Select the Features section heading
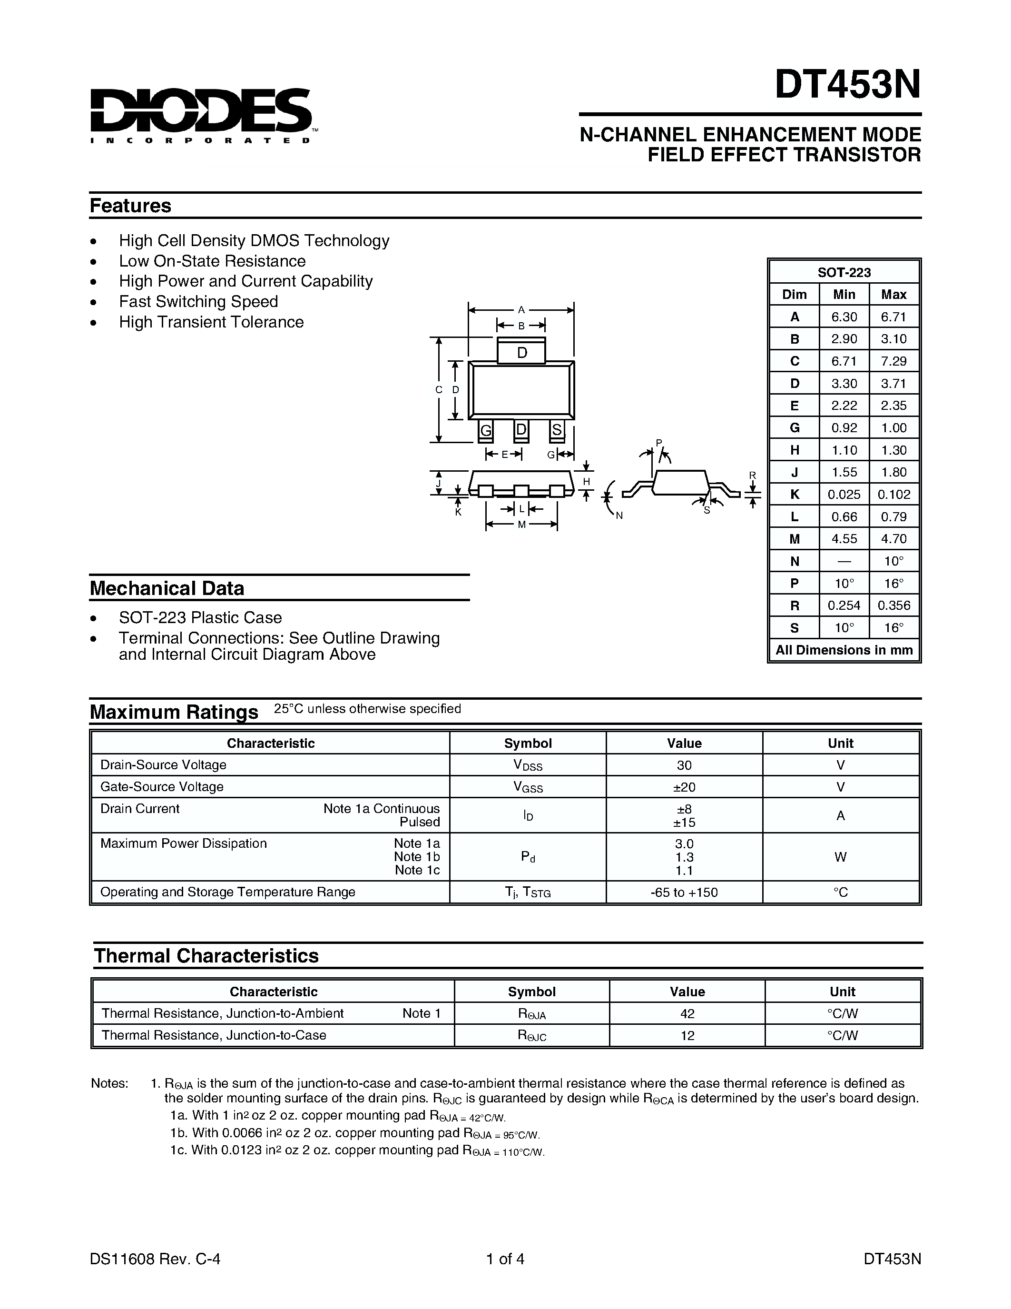(x=130, y=206)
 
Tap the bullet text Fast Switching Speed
(x=198, y=301)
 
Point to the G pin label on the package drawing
(x=486, y=430)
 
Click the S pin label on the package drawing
(x=557, y=430)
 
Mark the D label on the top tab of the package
(x=521, y=353)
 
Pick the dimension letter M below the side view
(x=521, y=525)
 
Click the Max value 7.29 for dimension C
(x=893, y=361)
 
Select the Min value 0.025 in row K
(x=844, y=495)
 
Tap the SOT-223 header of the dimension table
(x=844, y=272)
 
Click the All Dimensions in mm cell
(x=844, y=650)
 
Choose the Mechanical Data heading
(x=167, y=588)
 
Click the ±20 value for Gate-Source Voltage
(x=684, y=787)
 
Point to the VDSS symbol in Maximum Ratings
(x=527, y=765)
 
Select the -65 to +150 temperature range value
(x=684, y=892)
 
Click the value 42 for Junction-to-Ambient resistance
(x=687, y=1013)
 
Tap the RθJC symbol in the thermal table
(x=531, y=1036)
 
